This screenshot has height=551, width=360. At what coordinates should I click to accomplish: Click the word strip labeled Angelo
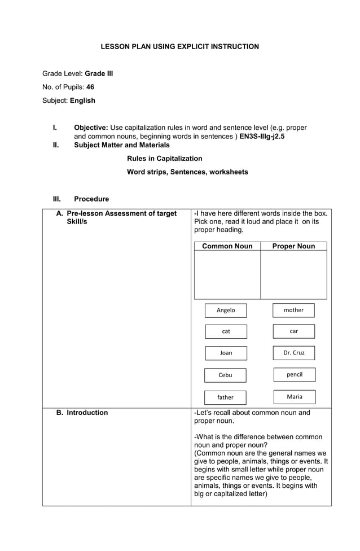tap(226, 311)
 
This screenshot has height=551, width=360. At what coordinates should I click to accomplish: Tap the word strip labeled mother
tap(293, 310)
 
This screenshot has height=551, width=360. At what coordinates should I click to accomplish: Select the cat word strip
tap(226, 331)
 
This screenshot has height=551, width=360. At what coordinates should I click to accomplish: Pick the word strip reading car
tap(293, 331)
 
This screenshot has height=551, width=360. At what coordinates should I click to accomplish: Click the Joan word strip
tap(226, 353)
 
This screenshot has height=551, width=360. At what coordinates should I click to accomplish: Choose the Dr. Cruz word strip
tap(293, 353)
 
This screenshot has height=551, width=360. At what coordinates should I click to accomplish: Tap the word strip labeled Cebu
tap(225, 375)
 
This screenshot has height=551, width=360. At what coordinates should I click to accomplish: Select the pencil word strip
tap(294, 375)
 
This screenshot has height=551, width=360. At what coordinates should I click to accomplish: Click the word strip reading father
tap(225, 397)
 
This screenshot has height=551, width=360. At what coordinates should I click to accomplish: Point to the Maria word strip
tap(294, 397)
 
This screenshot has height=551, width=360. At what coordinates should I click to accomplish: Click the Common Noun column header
tap(227, 246)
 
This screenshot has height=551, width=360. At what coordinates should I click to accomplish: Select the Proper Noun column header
tap(293, 246)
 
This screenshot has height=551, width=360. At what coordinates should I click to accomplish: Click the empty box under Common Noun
tap(227, 274)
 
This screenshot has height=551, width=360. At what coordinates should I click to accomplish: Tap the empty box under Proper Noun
tap(293, 274)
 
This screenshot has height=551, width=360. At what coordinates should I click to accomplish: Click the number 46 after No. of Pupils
tap(90, 87)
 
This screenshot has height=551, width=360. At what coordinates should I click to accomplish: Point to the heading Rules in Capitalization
tap(164, 159)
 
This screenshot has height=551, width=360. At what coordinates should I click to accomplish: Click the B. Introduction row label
tap(82, 413)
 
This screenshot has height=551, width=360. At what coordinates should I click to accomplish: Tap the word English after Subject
tap(82, 100)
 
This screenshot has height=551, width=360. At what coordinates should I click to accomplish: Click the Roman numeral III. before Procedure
tap(57, 199)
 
